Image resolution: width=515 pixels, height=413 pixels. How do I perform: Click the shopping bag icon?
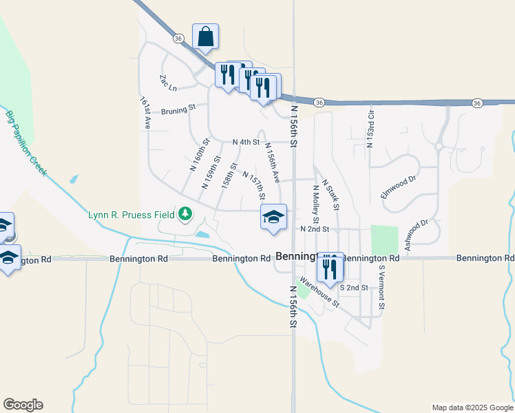pos(205,36)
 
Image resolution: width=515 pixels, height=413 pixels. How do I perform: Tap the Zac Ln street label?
pos(168,83)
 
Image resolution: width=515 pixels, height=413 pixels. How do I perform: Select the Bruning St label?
pos(179,108)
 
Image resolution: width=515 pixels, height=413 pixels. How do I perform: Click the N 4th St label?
pos(246,142)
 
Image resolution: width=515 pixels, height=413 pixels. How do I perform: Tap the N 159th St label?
pos(211,172)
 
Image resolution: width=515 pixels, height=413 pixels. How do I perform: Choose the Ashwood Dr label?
pos(417,234)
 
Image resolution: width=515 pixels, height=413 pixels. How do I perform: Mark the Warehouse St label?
pos(319,292)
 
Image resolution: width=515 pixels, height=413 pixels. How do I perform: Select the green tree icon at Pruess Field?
pos(185,215)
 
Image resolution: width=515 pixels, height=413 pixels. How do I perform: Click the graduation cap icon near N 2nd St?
pos(273,218)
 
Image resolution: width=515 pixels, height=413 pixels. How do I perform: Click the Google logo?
pos(23,405)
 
